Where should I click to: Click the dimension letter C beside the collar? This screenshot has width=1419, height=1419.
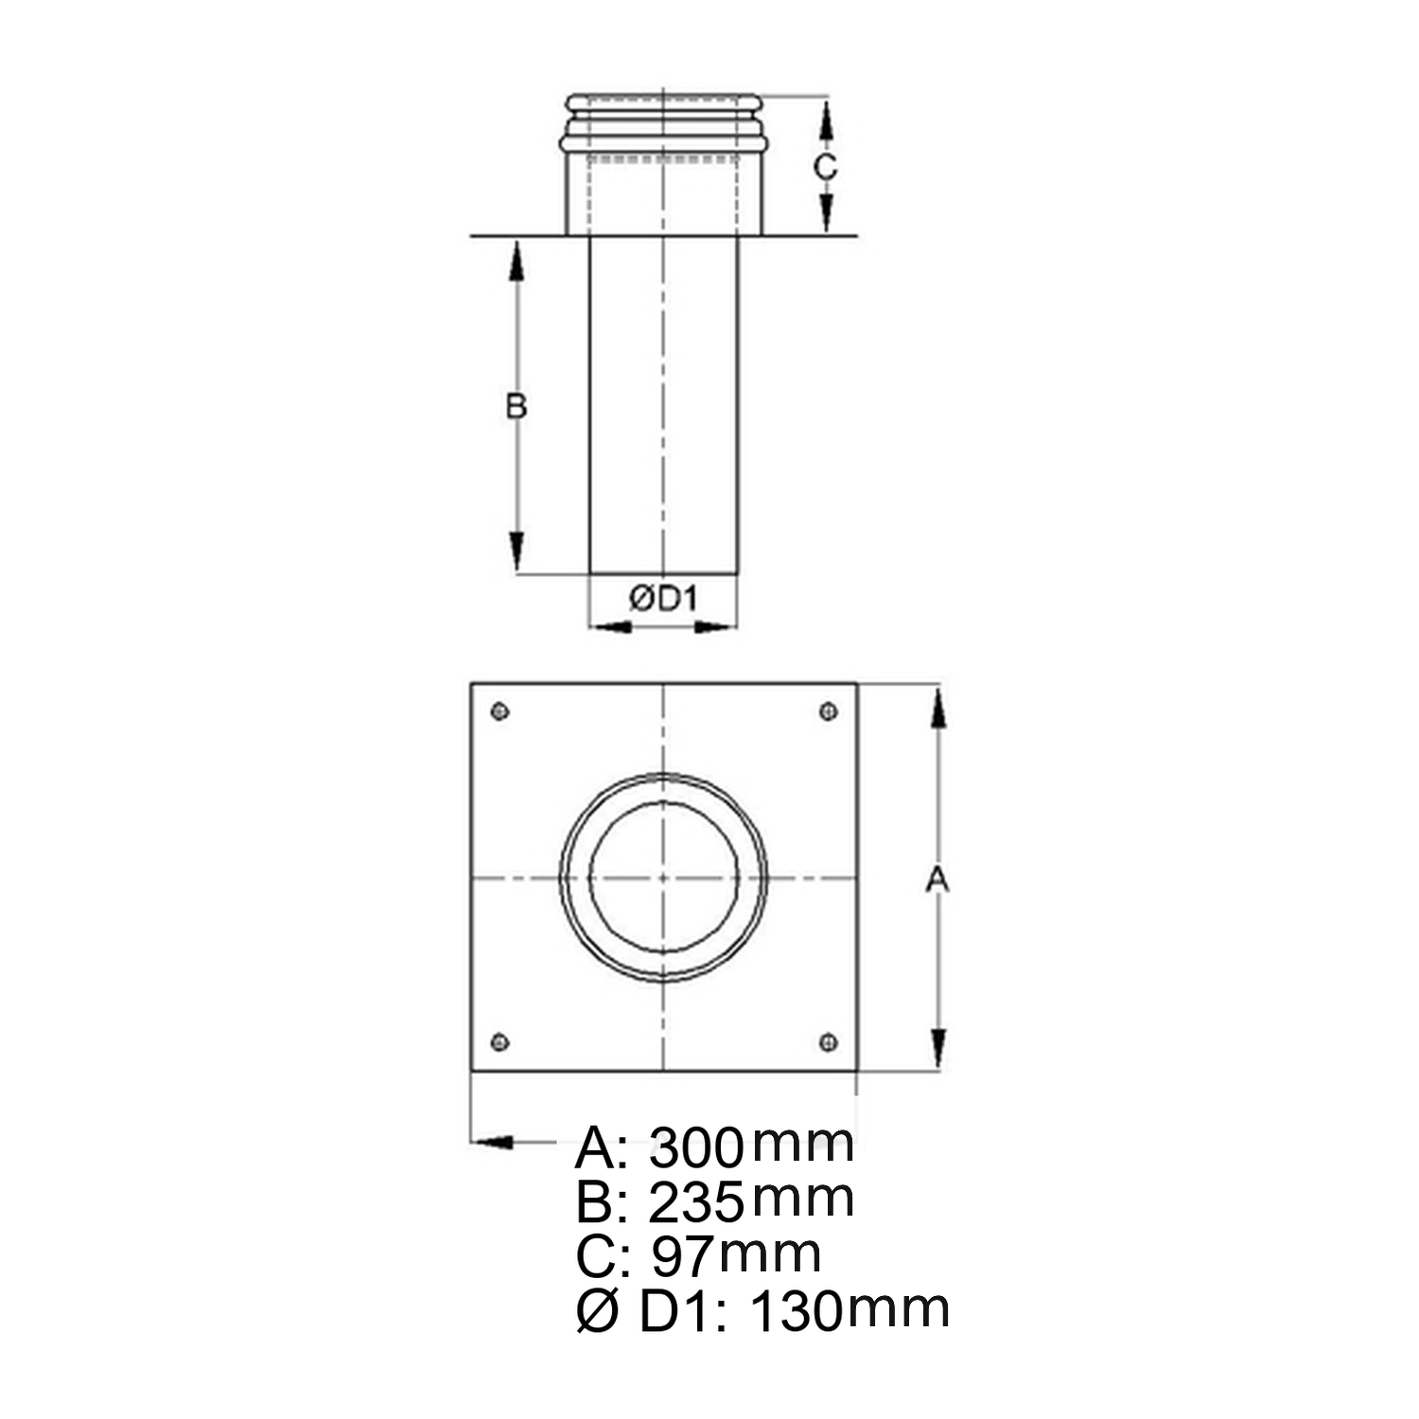(826, 166)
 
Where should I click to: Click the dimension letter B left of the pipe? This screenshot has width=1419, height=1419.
(516, 406)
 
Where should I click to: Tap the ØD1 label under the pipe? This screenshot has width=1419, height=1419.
(663, 598)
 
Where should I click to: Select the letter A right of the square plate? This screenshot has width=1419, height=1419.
(937, 880)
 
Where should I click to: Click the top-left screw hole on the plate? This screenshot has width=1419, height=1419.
(500, 711)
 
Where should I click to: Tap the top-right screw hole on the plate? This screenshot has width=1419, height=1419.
(829, 711)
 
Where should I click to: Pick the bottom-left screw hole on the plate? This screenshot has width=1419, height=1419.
(500, 1042)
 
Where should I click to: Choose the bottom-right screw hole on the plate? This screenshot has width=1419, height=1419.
(829, 1042)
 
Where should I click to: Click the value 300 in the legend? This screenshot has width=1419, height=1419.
(697, 1147)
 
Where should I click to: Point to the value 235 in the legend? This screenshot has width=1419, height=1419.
(697, 1202)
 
